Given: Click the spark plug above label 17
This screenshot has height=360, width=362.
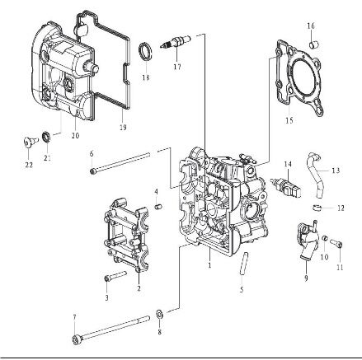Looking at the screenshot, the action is coord(175,42).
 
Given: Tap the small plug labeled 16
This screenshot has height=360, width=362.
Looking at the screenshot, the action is coord(313,44).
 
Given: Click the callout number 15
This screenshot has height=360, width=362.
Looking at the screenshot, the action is coord(289,120).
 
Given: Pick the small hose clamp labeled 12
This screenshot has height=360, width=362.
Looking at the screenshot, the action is coord(317,207).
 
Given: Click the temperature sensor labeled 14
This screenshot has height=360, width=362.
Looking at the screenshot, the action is coord(286,187).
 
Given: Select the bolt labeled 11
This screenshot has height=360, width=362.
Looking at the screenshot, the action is coord(337,244).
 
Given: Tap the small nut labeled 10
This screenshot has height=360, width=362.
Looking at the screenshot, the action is coord(324,237).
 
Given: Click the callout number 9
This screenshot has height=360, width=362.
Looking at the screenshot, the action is coord(306,278).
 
